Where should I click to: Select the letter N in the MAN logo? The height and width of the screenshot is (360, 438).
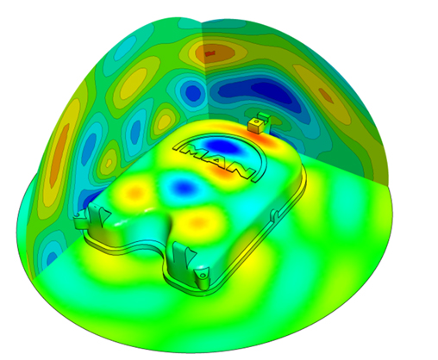click(239, 171)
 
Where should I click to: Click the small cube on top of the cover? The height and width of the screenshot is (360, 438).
click(255, 125)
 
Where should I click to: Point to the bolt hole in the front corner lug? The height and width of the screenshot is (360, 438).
click(203, 276)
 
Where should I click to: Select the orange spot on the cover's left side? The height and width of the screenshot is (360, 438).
click(136, 190)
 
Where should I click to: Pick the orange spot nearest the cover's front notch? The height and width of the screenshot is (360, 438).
click(198, 221)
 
